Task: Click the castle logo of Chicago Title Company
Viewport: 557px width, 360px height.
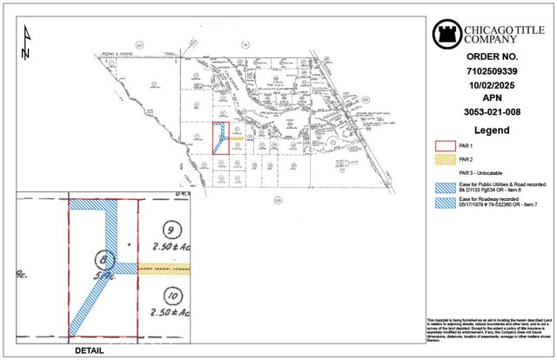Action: [x=446, y=34]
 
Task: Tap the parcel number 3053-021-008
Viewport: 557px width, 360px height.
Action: [x=492, y=111]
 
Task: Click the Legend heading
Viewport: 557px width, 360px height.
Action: [x=492, y=130]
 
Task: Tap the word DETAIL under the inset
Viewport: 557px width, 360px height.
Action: [x=86, y=350]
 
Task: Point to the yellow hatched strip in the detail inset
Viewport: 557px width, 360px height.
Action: [x=164, y=269]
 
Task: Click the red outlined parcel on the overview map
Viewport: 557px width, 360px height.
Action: [x=220, y=139]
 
